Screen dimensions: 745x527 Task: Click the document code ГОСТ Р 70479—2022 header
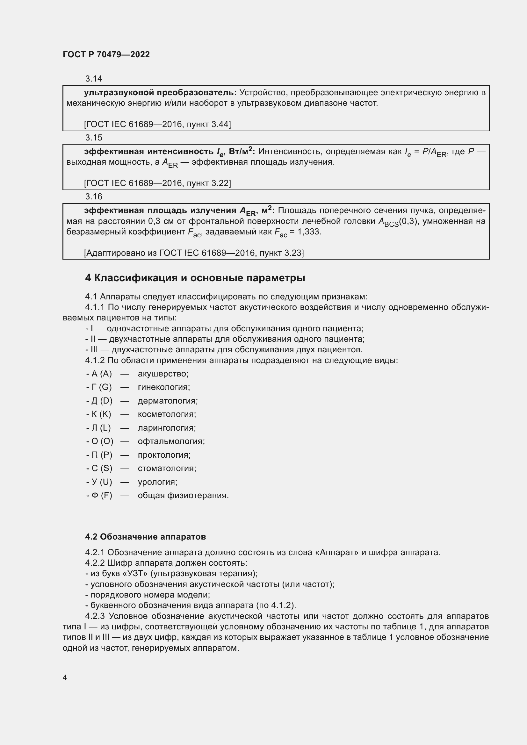coord(106,54)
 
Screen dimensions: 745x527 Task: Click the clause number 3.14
coord(93,79)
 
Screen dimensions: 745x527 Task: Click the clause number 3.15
coord(93,138)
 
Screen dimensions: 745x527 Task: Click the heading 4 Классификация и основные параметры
coord(195,278)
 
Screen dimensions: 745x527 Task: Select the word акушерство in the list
coord(163,374)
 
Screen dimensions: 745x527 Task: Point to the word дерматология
coord(168,401)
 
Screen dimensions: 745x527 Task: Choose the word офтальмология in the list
coord(171,441)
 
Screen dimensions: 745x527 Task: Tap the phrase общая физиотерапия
coord(183,496)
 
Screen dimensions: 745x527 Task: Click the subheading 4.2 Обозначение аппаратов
coord(145,537)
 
